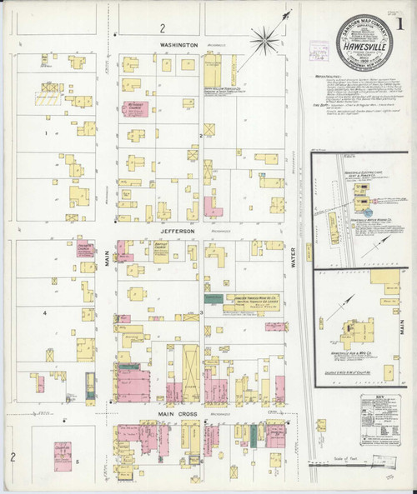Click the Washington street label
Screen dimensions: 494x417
click(x=179, y=44)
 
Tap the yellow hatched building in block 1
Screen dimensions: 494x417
click(x=46, y=98)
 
